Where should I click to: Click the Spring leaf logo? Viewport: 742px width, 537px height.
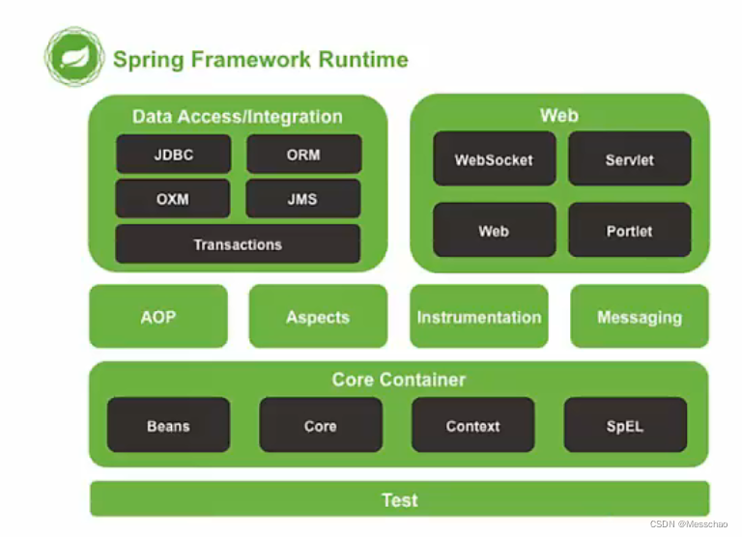74,57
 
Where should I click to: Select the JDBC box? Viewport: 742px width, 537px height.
174,155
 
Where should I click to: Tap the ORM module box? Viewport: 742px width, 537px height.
303,155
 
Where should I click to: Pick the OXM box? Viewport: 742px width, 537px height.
173,199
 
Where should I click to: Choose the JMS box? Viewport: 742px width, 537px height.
302,199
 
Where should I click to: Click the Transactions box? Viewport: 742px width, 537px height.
238,244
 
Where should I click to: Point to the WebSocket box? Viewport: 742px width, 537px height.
495,159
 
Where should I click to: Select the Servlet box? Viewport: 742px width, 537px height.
630,159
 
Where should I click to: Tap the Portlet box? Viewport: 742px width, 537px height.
630,231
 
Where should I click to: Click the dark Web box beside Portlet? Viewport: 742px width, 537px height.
495,231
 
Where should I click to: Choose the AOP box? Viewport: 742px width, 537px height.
158,317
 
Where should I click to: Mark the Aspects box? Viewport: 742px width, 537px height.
318,317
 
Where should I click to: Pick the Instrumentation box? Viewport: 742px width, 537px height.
479,317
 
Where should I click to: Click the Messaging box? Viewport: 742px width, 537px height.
640,317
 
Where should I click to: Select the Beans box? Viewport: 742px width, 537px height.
168,425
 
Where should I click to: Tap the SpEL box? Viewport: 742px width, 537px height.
626,425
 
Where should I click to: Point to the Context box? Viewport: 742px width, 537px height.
473,425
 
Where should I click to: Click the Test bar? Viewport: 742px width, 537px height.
400,499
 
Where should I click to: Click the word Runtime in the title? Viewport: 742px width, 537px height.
363,60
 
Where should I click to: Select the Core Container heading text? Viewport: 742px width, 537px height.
399,380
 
